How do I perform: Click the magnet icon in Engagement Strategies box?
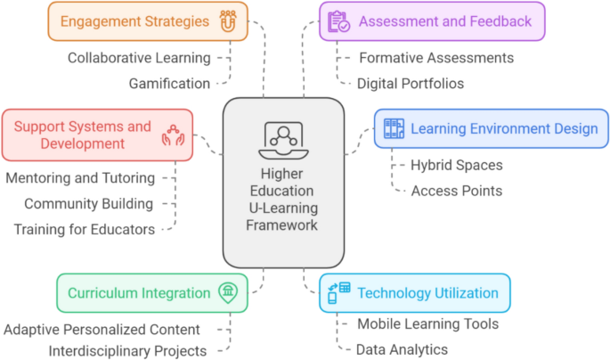tap(227, 21)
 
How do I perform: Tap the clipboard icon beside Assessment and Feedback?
tap(338, 21)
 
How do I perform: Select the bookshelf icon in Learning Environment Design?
tap(393, 128)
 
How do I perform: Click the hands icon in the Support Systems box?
tap(173, 135)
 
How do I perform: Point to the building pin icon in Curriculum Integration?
tap(228, 293)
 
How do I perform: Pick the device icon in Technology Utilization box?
tap(339, 292)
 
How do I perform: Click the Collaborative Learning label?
tap(140, 58)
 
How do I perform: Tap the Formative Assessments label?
tap(435, 58)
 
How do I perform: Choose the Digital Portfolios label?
tap(411, 84)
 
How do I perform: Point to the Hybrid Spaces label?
tap(457, 165)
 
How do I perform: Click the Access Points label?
tap(457, 191)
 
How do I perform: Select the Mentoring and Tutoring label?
tap(80, 178)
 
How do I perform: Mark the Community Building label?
tap(88, 204)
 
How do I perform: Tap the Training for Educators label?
tap(84, 230)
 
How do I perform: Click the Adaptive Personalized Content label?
tap(102, 330)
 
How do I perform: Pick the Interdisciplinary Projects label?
tap(127, 351)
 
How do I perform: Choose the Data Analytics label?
tap(402, 350)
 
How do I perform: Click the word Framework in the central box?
tap(283, 225)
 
